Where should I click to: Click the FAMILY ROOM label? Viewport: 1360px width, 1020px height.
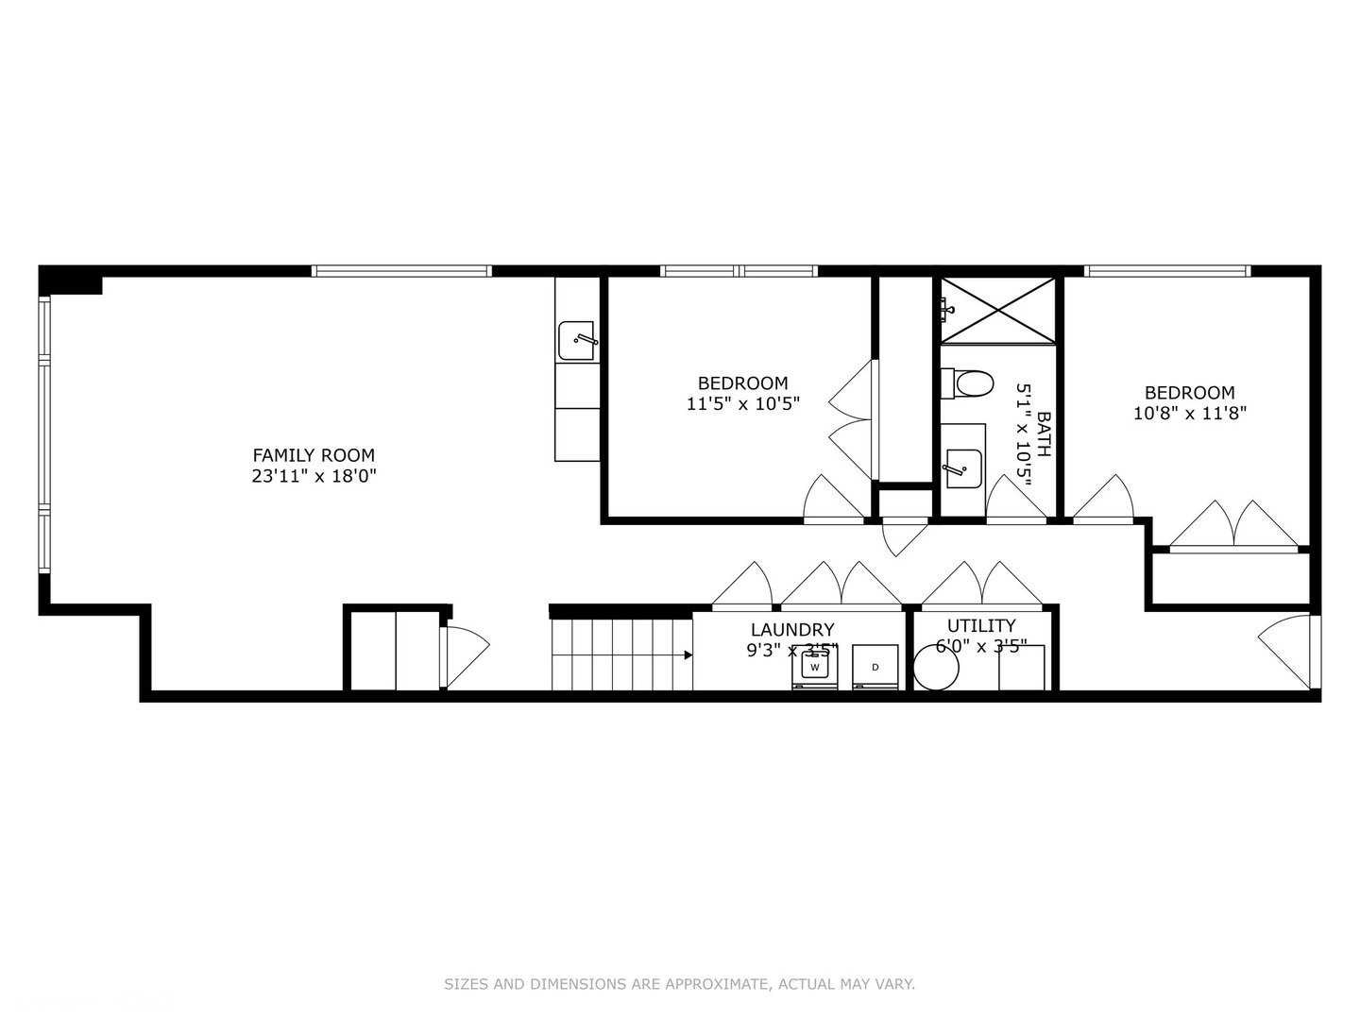tap(314, 455)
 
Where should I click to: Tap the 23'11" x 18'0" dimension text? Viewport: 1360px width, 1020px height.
tap(314, 477)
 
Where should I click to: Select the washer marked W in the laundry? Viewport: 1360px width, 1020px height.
tap(814, 667)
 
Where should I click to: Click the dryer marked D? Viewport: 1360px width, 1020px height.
tap(875, 667)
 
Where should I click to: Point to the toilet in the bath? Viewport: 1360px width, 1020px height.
tap(969, 383)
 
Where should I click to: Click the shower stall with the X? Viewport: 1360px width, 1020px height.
tap(998, 310)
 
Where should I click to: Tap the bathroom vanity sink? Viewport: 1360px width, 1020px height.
tap(963, 467)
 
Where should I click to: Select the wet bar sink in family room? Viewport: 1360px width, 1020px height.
tap(576, 340)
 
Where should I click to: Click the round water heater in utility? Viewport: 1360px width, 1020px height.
tap(935, 668)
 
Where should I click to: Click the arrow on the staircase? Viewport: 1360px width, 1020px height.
tap(688, 654)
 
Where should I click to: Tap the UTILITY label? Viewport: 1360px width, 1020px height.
tap(981, 625)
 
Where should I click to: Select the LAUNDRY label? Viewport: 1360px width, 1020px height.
tap(792, 629)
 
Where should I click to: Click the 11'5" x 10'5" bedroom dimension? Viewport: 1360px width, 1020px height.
tap(743, 404)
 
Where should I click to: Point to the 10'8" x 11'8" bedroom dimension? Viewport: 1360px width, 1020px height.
tap(1190, 414)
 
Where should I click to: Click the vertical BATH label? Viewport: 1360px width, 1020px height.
tap(1044, 433)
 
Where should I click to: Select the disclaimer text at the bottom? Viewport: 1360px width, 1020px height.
tap(679, 984)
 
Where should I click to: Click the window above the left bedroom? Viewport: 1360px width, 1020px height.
tap(739, 271)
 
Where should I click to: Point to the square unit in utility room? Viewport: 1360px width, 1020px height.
tap(1022, 668)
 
